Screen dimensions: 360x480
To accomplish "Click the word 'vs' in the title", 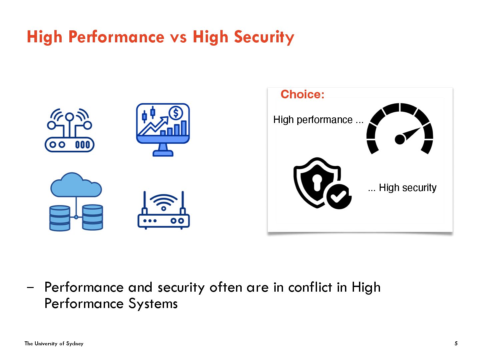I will tap(178, 37).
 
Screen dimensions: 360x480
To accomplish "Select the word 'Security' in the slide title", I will tap(264, 37).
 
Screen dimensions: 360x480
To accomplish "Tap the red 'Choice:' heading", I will tap(302, 94).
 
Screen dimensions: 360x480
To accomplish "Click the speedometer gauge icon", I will tap(400, 129).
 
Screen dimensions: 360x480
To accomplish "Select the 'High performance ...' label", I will tap(318, 120).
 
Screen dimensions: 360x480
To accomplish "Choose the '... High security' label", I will tap(402, 188).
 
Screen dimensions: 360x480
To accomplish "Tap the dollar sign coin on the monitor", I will tap(176, 113).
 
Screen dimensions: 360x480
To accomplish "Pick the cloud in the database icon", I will tap(76, 185).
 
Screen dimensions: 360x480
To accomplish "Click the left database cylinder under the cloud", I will tap(60, 218).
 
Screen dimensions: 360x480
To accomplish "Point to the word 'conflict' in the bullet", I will tap(310, 287).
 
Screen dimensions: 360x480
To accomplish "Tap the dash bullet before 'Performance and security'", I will tap(31, 287).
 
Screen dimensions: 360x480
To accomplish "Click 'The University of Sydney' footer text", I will tap(54, 343).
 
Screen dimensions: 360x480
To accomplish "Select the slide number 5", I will tap(456, 343).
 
